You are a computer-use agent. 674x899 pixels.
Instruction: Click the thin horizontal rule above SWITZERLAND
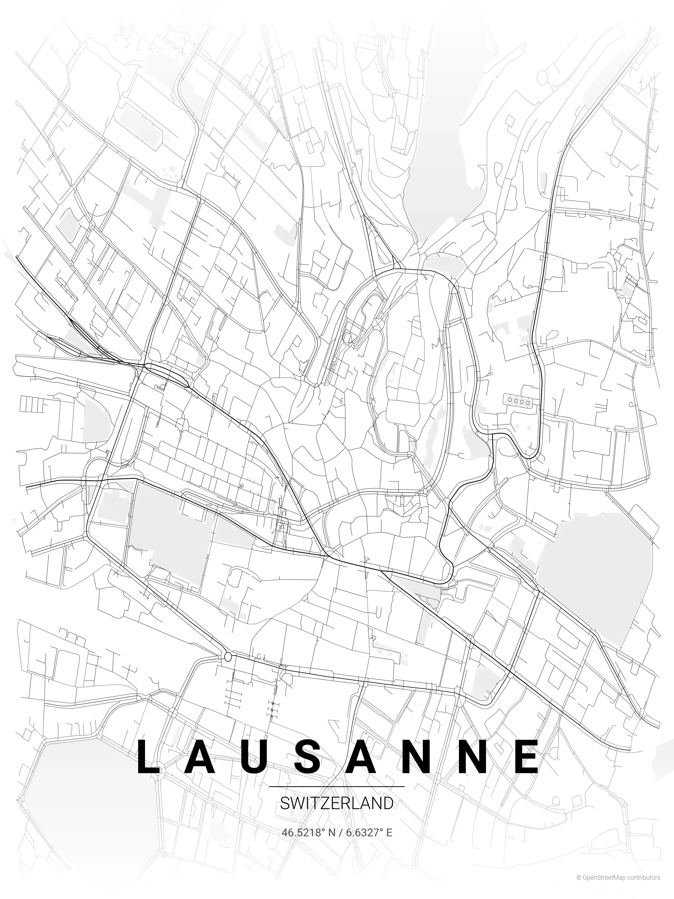(337, 787)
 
